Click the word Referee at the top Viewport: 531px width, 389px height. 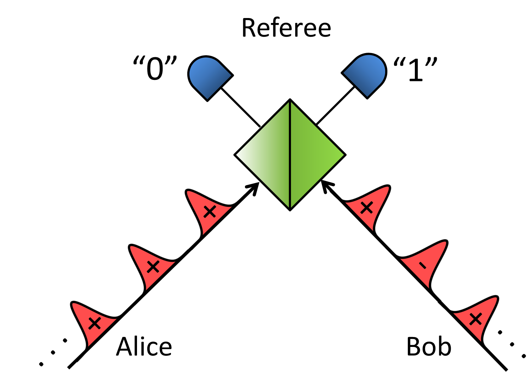286,28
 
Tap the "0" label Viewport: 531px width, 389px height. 155,69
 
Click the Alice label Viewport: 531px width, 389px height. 144,347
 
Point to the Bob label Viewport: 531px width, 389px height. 429,347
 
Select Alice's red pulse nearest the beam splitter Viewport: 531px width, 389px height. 207,211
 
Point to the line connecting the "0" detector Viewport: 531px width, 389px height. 241,108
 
